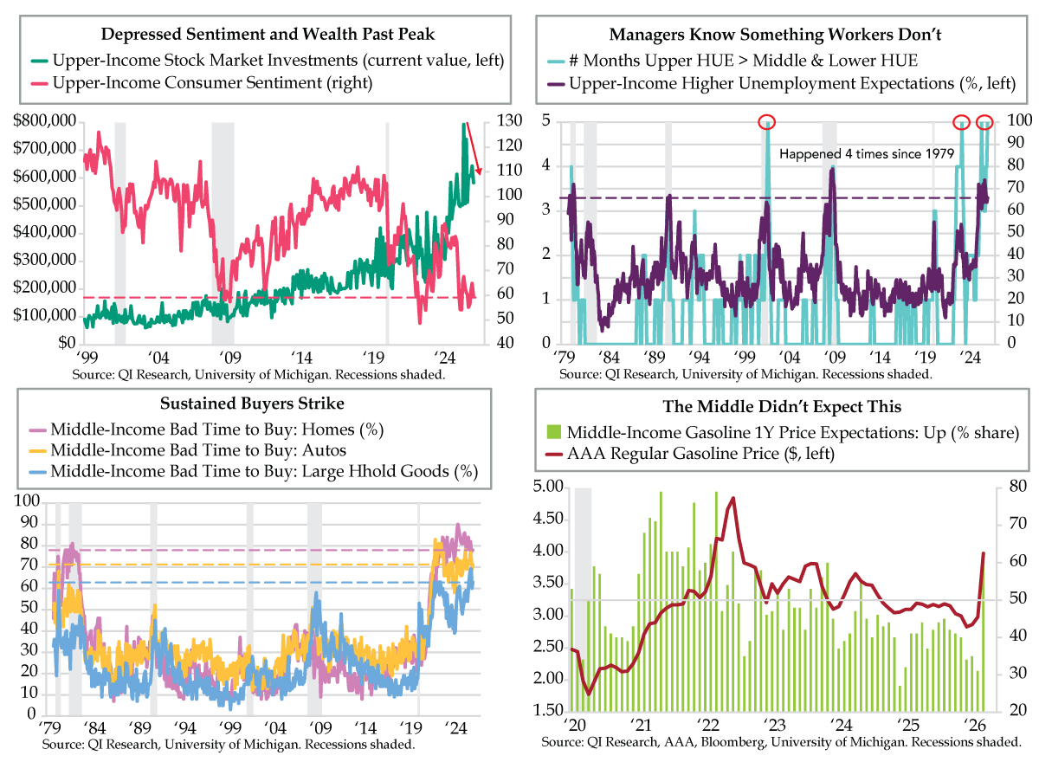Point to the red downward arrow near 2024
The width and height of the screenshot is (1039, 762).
[474, 149]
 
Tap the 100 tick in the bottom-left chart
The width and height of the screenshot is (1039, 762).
[28, 501]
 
